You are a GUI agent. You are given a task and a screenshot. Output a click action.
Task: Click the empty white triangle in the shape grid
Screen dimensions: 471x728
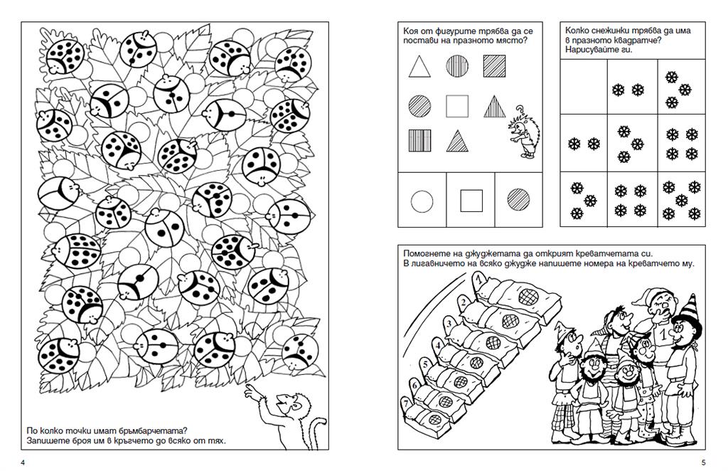[419, 67]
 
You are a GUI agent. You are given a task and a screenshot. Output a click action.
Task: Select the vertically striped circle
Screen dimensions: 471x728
[456, 67]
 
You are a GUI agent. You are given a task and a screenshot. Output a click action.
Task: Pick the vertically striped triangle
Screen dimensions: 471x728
[495, 107]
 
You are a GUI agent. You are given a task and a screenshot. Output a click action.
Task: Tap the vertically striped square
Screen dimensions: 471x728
[419, 139]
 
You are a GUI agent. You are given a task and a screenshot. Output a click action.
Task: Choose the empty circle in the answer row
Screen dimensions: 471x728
[422, 201]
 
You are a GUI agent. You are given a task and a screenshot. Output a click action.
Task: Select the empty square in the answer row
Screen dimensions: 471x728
[471, 201]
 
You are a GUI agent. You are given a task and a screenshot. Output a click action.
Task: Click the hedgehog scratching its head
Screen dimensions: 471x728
[524, 134]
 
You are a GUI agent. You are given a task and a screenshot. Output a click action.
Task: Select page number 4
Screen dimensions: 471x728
[24, 463]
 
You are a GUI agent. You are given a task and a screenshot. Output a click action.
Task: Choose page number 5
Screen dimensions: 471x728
[703, 463]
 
